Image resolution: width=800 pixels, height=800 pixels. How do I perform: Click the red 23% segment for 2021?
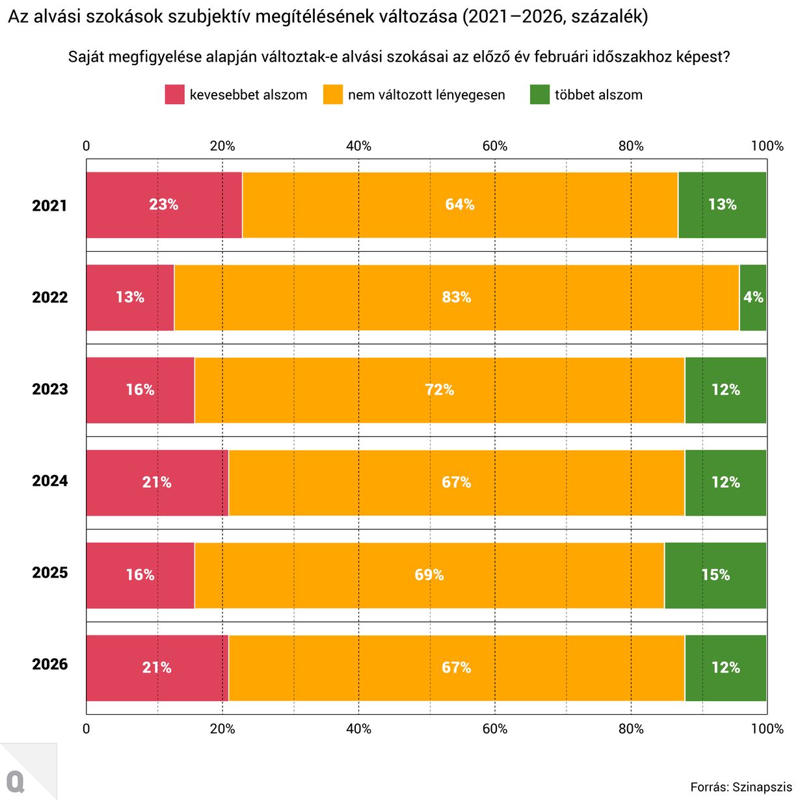164,205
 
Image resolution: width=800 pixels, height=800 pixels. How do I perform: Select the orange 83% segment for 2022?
457,297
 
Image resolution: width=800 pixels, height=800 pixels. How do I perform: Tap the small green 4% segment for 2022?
753,297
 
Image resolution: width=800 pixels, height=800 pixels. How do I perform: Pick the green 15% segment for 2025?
715,575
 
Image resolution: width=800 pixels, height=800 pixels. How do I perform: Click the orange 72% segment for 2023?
440,390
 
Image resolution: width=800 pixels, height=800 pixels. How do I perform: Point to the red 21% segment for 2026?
157,667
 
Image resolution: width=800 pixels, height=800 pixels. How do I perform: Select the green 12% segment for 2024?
725,482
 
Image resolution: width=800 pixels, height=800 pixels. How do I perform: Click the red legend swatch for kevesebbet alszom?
174,95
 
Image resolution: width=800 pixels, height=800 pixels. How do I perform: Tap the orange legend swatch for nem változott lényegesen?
333,95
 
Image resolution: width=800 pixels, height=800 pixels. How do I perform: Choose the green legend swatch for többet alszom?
540,95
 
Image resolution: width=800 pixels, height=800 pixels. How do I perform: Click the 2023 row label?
50,389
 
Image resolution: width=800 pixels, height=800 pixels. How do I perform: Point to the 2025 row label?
50,572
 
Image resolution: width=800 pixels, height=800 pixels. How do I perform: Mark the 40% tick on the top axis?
358,146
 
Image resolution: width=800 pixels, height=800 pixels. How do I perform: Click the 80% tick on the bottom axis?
631,728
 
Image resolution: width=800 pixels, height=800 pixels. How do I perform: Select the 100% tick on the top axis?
767,146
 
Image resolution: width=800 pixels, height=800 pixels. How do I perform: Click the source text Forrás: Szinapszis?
741,787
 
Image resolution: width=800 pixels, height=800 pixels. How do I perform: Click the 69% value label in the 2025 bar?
429,575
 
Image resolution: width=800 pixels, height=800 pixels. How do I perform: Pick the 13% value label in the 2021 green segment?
722,205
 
